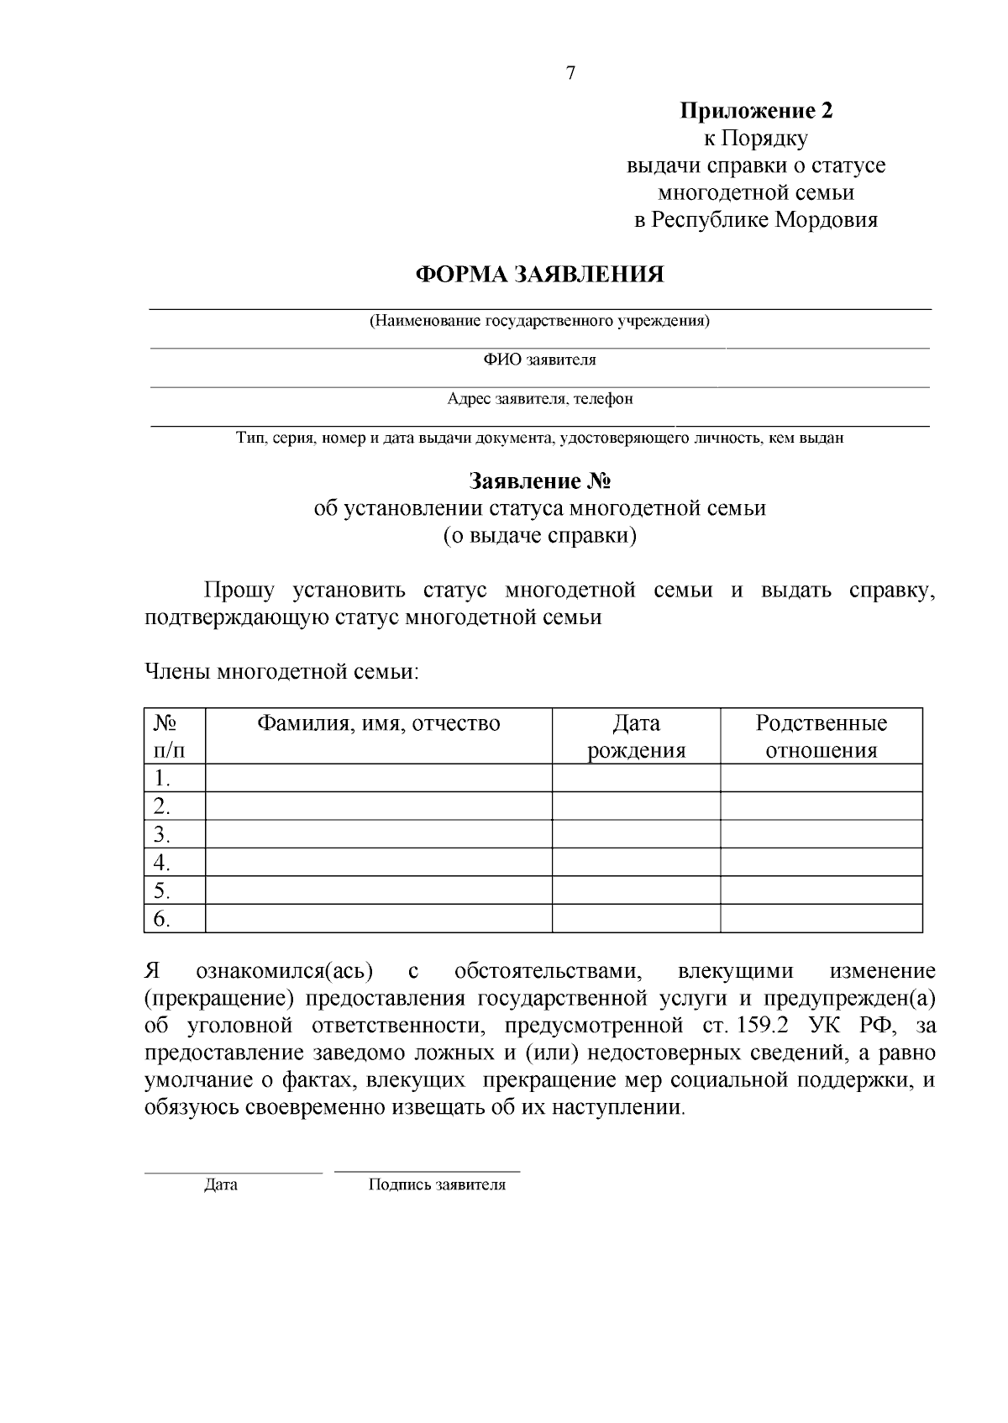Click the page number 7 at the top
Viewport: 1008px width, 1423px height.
pos(571,74)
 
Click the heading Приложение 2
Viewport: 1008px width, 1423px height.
pos(756,111)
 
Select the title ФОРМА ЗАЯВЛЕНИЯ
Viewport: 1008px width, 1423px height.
pos(540,275)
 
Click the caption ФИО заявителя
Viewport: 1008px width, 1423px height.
pos(539,360)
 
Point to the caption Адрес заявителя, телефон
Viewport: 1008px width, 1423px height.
pos(539,399)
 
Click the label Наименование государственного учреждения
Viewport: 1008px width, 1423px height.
pos(539,321)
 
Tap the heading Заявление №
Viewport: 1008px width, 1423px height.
pos(539,481)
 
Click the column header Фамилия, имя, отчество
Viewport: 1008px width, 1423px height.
pos(378,724)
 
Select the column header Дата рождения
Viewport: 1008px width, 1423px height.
pos(636,737)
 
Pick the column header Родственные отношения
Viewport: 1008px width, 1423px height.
pos(821,737)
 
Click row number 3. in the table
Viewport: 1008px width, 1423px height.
pos(162,835)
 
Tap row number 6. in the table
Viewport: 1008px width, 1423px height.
pos(162,919)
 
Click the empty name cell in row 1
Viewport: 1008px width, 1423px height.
pos(378,778)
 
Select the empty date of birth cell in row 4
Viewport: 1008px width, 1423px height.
pos(636,863)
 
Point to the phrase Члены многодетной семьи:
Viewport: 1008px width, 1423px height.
pos(281,672)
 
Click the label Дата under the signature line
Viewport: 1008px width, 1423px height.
pos(221,1185)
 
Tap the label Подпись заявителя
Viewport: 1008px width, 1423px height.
pos(437,1185)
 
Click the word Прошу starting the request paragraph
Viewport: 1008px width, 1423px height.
pos(239,591)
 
